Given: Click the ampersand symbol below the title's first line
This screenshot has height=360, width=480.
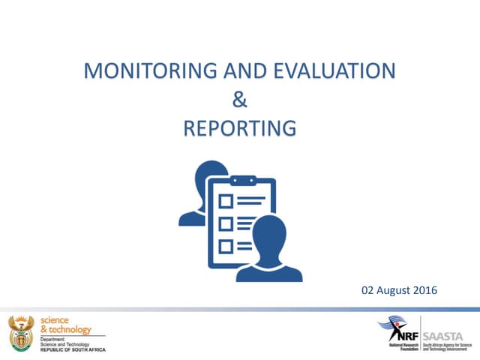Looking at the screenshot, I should pyautogui.click(x=240, y=100).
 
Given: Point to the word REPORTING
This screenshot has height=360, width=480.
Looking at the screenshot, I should pyautogui.click(x=240, y=129).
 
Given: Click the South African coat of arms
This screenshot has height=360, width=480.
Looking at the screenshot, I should pyautogui.click(x=21, y=331).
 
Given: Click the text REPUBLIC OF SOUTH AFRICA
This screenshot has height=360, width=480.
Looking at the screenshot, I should pyautogui.click(x=73, y=349).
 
